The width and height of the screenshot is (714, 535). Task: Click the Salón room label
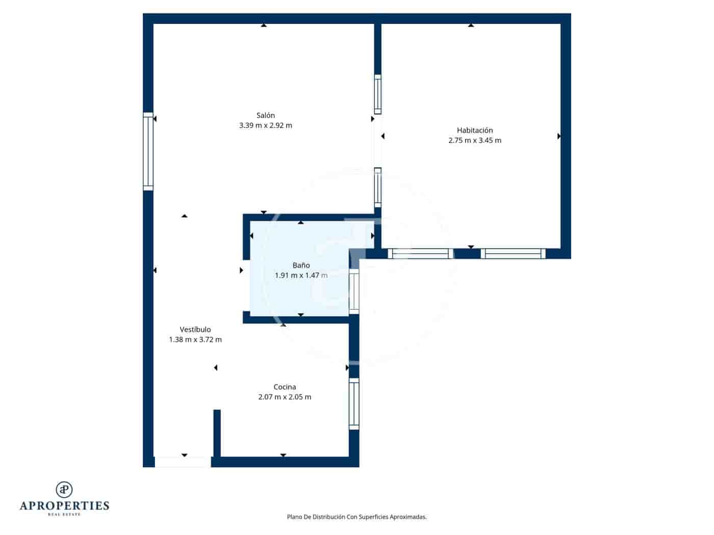(265, 115)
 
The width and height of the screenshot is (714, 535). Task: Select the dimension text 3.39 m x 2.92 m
(265, 125)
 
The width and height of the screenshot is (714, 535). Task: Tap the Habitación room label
(474, 130)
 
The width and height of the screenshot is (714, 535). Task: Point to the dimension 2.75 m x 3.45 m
(474, 141)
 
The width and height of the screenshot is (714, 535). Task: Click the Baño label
(301, 265)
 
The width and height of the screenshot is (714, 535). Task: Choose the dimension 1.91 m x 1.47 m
(301, 276)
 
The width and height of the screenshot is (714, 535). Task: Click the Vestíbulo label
(195, 330)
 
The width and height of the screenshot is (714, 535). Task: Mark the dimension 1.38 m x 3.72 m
(195, 340)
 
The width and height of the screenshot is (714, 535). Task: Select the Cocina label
(285, 387)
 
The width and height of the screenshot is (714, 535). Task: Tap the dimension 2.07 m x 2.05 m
(285, 397)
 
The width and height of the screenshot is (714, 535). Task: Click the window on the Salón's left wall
(148, 151)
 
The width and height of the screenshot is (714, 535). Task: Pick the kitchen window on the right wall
(354, 404)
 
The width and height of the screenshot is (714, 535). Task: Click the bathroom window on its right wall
(354, 291)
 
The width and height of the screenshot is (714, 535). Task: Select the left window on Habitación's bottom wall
(421, 253)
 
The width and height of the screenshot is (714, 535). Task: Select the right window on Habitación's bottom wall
(513, 253)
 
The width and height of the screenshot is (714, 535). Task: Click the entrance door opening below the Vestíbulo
(183, 462)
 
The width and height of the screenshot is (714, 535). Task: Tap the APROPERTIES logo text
(64, 506)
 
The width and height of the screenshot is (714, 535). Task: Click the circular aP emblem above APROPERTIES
(64, 490)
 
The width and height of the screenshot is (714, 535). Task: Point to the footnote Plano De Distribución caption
(356, 517)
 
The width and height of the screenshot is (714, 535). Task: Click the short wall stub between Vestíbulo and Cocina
(217, 433)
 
